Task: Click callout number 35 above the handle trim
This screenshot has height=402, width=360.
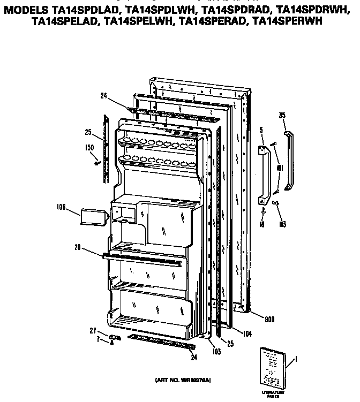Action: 282,115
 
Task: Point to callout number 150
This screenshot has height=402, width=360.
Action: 90,147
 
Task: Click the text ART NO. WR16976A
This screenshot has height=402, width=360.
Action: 183,380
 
